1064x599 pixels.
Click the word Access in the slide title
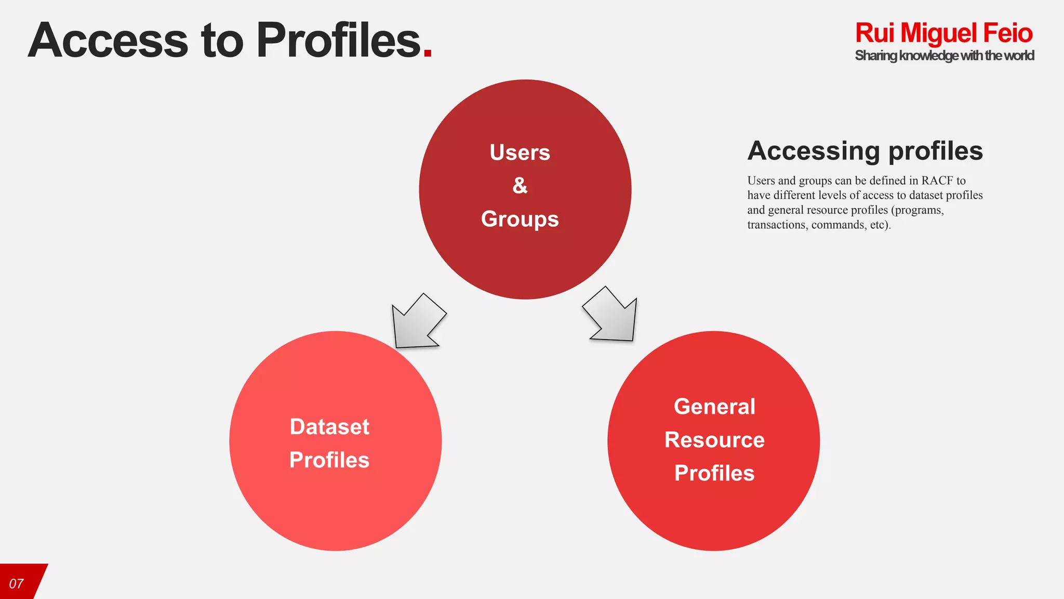pos(108,41)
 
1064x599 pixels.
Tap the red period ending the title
pos(428,53)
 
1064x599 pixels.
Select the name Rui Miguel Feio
pos(943,33)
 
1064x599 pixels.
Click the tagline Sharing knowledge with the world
pos(944,56)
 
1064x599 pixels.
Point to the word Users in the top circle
pos(520,153)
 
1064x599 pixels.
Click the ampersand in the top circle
pos(520,186)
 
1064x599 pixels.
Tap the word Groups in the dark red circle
pos(520,219)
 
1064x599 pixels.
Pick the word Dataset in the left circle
pos(329,427)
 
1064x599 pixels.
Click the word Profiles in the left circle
pos(329,460)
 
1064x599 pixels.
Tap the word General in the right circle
pos(714,407)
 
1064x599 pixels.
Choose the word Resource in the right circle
pos(714,440)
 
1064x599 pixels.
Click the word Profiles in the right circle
pos(714,473)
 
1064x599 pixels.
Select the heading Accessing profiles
pos(865,151)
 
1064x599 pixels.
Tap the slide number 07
pos(17,583)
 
